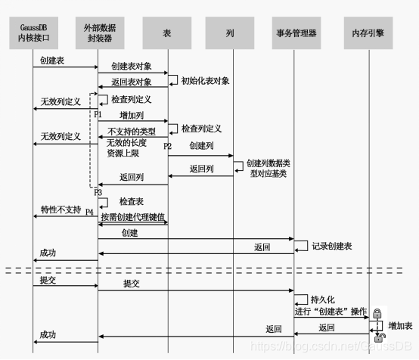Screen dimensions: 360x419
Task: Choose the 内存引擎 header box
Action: pos(369,34)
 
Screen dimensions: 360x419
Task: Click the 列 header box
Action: pos(230,34)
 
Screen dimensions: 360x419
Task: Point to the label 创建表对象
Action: pos(132,67)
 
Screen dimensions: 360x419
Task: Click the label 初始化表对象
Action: pos(205,81)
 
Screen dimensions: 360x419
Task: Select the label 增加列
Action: pos(132,114)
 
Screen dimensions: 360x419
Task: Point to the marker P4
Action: pos(90,211)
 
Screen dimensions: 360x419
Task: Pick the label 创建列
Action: pos(200,144)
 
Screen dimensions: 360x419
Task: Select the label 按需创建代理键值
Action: pos(132,217)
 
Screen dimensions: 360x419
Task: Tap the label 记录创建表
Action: pos(334,247)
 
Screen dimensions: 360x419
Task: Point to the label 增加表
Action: pos(401,325)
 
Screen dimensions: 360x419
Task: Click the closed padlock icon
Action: pos(376,312)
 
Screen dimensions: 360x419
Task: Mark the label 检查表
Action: pos(132,203)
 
